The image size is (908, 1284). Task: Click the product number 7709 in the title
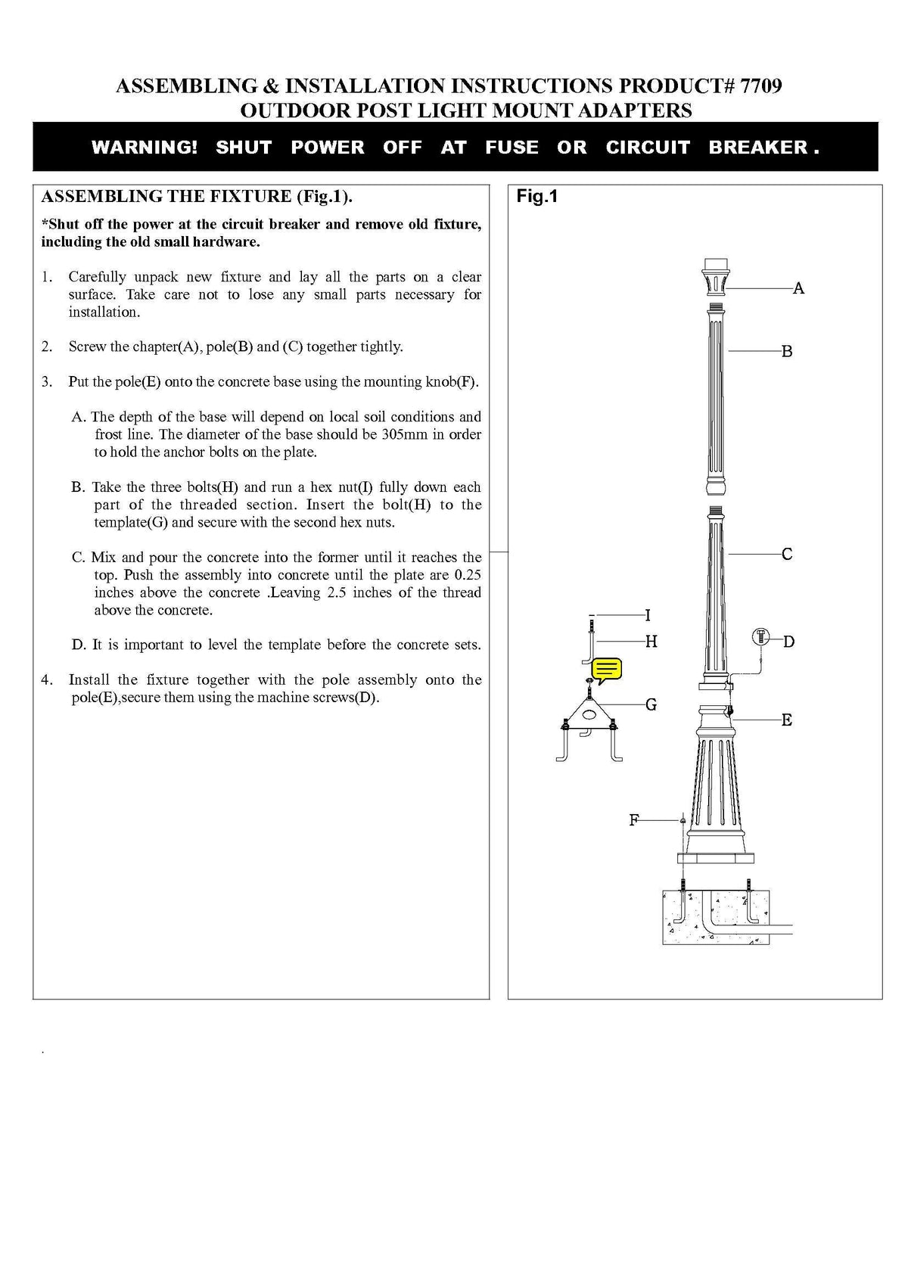tap(760, 86)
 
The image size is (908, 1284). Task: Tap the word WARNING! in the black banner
tap(145, 148)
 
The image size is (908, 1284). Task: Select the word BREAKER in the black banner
tap(758, 148)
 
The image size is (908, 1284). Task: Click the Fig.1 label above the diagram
tap(536, 197)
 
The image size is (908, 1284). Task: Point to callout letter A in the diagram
tap(798, 288)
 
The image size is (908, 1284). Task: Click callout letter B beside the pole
tap(787, 352)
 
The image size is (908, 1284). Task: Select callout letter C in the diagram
tap(787, 555)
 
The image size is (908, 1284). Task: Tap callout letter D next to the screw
tap(788, 642)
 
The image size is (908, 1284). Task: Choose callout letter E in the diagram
tap(787, 720)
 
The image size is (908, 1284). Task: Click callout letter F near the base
tap(634, 820)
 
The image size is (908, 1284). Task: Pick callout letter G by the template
tap(651, 705)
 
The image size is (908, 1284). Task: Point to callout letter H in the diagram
tap(651, 642)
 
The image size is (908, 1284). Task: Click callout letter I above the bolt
tap(648, 615)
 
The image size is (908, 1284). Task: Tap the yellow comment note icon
tap(607, 670)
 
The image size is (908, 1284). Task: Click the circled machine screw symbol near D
tap(761, 637)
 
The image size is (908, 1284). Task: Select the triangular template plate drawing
tap(589, 714)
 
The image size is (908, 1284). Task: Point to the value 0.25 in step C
tap(467, 575)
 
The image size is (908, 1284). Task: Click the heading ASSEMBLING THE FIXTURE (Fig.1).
tap(197, 197)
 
